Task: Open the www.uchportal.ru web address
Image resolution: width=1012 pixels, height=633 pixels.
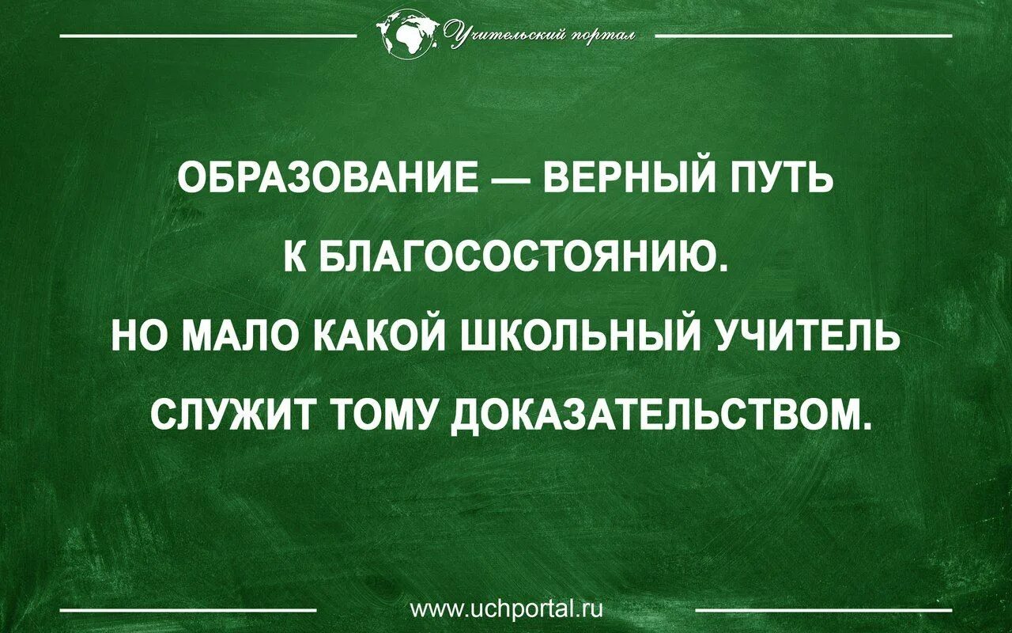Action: click(507, 609)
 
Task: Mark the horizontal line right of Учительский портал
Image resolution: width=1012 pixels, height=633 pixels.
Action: click(803, 36)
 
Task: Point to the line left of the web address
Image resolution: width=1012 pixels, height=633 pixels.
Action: click(188, 610)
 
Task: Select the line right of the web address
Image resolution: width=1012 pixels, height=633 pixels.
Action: click(824, 610)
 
